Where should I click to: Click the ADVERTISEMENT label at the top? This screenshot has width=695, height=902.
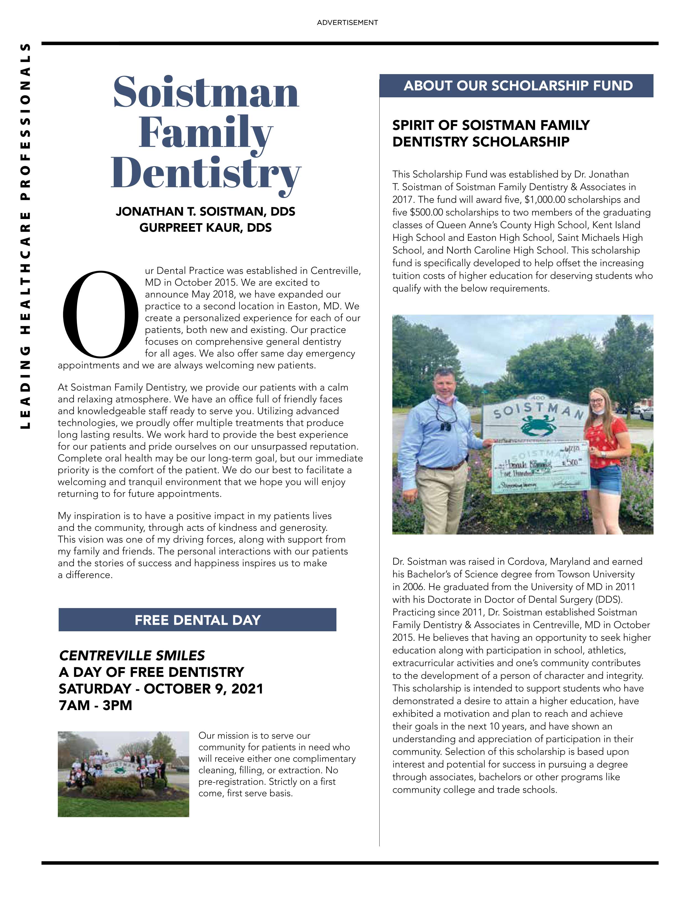[347, 23]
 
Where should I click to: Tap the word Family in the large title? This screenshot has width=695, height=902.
[205, 132]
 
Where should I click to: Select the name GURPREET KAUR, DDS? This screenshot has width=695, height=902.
[205, 228]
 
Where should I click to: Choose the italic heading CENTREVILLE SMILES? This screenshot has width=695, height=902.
[132, 655]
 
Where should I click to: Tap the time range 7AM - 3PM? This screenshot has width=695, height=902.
[95, 705]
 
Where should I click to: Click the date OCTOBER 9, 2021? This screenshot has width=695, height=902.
[203, 689]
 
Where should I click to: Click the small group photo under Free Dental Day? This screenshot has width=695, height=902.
[123, 774]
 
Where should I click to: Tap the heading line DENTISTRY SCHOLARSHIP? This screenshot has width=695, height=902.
[481, 142]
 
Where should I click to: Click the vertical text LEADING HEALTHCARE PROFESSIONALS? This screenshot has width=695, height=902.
[26, 235]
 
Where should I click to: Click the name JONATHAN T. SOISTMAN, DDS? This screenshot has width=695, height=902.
[205, 212]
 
